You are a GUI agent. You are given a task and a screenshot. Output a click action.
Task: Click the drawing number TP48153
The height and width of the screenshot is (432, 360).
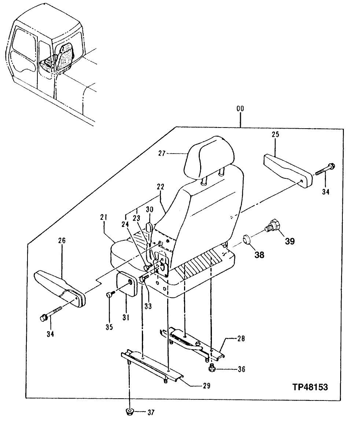[310, 387]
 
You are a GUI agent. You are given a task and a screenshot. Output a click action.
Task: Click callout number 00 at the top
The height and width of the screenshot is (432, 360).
[240, 109]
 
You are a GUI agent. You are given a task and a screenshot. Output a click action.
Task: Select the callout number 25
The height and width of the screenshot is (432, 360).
[275, 135]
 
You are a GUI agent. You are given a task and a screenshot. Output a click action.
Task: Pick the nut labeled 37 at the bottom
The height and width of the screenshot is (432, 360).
[129, 412]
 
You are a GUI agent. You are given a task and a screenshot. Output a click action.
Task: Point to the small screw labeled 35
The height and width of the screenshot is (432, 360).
[109, 295]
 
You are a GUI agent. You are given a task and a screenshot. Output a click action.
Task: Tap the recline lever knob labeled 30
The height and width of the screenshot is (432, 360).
[150, 228]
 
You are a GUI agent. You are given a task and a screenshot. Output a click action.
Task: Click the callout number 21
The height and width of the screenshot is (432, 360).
[103, 217]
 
